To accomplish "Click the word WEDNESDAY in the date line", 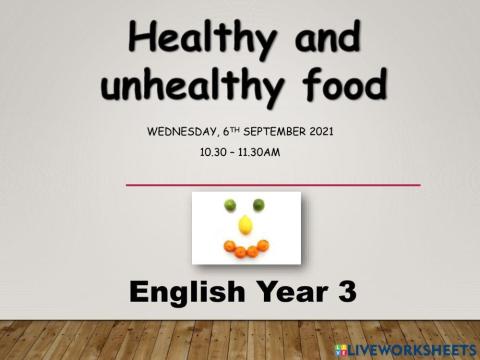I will click(x=184, y=130).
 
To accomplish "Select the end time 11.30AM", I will click(x=263, y=152).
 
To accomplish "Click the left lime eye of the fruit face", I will click(x=230, y=205).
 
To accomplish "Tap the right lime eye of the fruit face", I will click(x=258, y=205).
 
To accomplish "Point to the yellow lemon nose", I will click(x=245, y=224).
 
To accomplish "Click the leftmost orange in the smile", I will click(x=229, y=245).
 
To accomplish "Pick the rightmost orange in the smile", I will click(x=263, y=245).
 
